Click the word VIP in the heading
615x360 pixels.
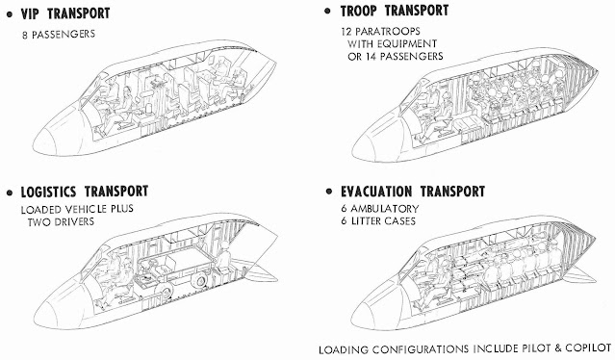pyautogui.click(x=31, y=13)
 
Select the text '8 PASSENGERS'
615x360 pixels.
pyautogui.click(x=59, y=34)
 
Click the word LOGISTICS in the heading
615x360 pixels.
pyautogui.click(x=48, y=192)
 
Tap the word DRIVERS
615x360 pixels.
pyautogui.click(x=73, y=222)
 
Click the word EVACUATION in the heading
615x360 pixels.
pyautogui.click(x=376, y=192)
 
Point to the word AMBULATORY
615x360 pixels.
pyautogui.click(x=385, y=209)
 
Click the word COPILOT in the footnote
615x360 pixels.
pyautogui.click(x=588, y=348)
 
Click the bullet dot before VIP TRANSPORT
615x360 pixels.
pyautogui.click(x=10, y=14)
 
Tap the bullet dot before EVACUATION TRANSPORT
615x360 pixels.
pyautogui.click(x=329, y=192)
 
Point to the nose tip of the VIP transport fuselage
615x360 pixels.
pyautogui.click(x=34, y=146)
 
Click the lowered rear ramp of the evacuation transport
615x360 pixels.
pyautogui.click(x=579, y=275)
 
